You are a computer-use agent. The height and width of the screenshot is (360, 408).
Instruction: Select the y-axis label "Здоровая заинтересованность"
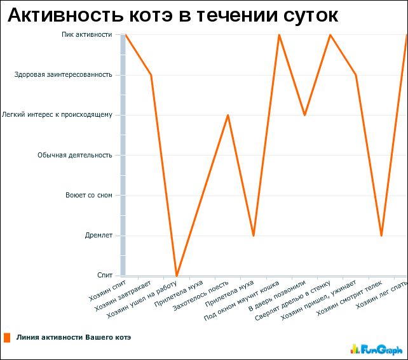(64, 75)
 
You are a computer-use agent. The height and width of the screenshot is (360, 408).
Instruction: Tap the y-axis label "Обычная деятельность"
(75, 155)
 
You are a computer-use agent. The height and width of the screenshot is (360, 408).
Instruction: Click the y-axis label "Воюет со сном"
(89, 195)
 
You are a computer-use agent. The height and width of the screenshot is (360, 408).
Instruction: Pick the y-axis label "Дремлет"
(99, 236)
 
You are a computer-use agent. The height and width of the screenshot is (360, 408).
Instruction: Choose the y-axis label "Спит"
(105, 275)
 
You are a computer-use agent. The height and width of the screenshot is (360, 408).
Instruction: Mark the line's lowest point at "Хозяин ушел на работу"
(177, 276)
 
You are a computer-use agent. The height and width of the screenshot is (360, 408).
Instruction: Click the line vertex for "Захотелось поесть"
(228, 115)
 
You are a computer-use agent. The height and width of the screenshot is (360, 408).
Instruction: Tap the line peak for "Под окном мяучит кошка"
(279, 35)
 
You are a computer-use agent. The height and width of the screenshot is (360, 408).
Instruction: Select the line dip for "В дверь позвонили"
(305, 115)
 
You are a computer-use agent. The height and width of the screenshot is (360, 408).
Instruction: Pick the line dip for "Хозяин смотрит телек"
(381, 236)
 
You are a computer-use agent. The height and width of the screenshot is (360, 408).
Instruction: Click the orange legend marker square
(7, 338)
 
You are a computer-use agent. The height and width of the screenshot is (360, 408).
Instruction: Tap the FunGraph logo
(376, 349)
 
